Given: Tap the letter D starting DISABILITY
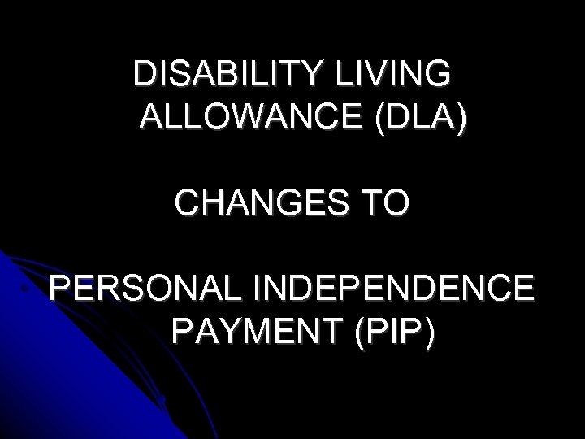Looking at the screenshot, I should coord(145,74).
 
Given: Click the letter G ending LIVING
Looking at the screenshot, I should coord(435,74).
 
